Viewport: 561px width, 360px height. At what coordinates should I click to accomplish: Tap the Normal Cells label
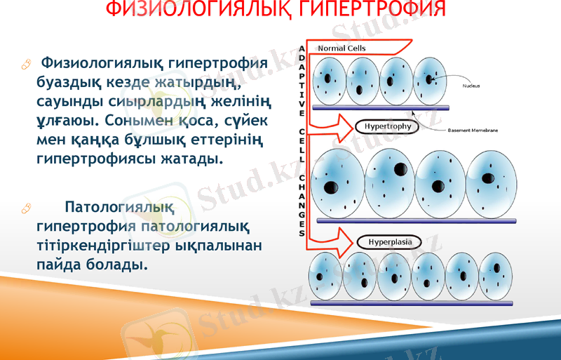[342, 48]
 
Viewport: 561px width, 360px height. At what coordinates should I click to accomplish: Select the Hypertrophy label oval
[387, 127]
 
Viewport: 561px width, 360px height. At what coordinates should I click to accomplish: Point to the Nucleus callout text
[471, 86]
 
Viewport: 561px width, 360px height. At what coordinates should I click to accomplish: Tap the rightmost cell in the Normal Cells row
[428, 79]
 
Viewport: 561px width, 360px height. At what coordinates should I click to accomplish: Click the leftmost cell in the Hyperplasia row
[325, 275]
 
